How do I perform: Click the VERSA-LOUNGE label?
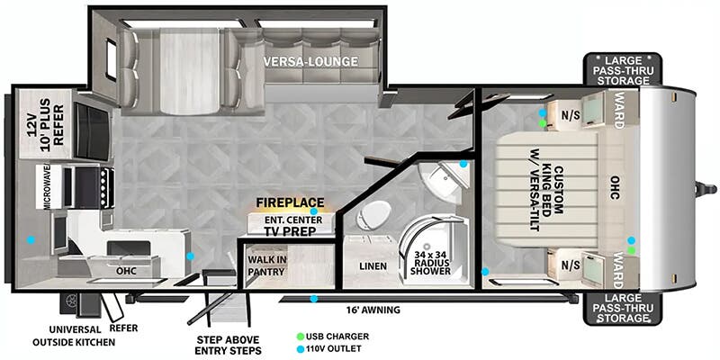[x=310, y=61]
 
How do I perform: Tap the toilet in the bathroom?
[x=373, y=215]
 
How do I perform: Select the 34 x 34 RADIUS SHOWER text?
[x=430, y=263]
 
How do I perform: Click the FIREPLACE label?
[x=290, y=202]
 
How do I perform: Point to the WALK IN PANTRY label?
[x=267, y=265]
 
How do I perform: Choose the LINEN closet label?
[x=373, y=265]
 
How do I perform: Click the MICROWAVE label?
[x=47, y=187]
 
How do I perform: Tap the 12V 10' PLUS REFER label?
[x=46, y=121]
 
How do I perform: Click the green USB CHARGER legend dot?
[x=301, y=337]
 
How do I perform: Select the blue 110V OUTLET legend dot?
[x=301, y=349]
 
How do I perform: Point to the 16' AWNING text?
[x=373, y=310]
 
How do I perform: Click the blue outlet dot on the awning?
[x=313, y=299]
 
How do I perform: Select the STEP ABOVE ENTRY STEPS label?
[x=229, y=346]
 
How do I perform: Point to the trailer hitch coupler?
[x=706, y=189]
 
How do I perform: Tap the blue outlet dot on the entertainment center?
[x=313, y=211]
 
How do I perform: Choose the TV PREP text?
[x=290, y=231]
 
